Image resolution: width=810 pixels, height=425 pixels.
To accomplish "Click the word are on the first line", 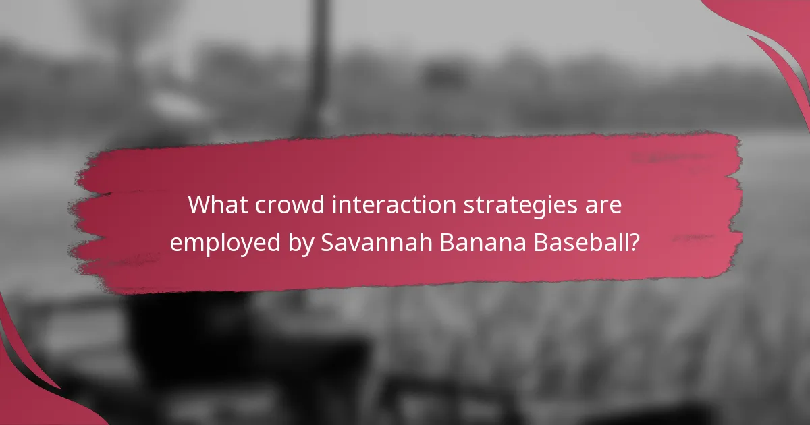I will click(x=605, y=205).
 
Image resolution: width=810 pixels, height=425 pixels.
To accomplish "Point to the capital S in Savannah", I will click(x=327, y=242).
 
